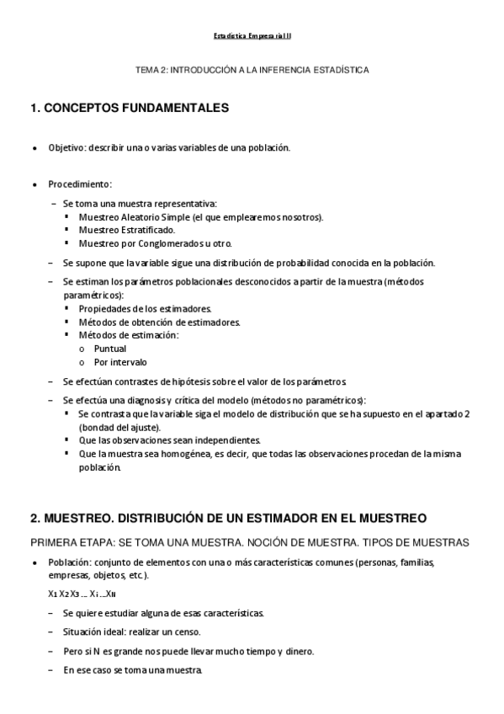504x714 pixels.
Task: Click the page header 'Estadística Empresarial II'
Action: tap(252, 36)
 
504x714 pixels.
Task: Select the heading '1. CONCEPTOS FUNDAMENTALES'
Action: tap(130, 109)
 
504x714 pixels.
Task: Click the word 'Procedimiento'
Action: tap(79, 184)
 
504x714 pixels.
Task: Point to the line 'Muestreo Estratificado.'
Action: tap(127, 229)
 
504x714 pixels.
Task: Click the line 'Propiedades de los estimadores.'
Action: tap(145, 309)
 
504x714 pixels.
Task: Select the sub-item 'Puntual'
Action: tap(110, 349)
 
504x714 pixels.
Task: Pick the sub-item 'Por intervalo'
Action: tap(120, 362)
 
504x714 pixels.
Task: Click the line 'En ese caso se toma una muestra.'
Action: tap(133, 670)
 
